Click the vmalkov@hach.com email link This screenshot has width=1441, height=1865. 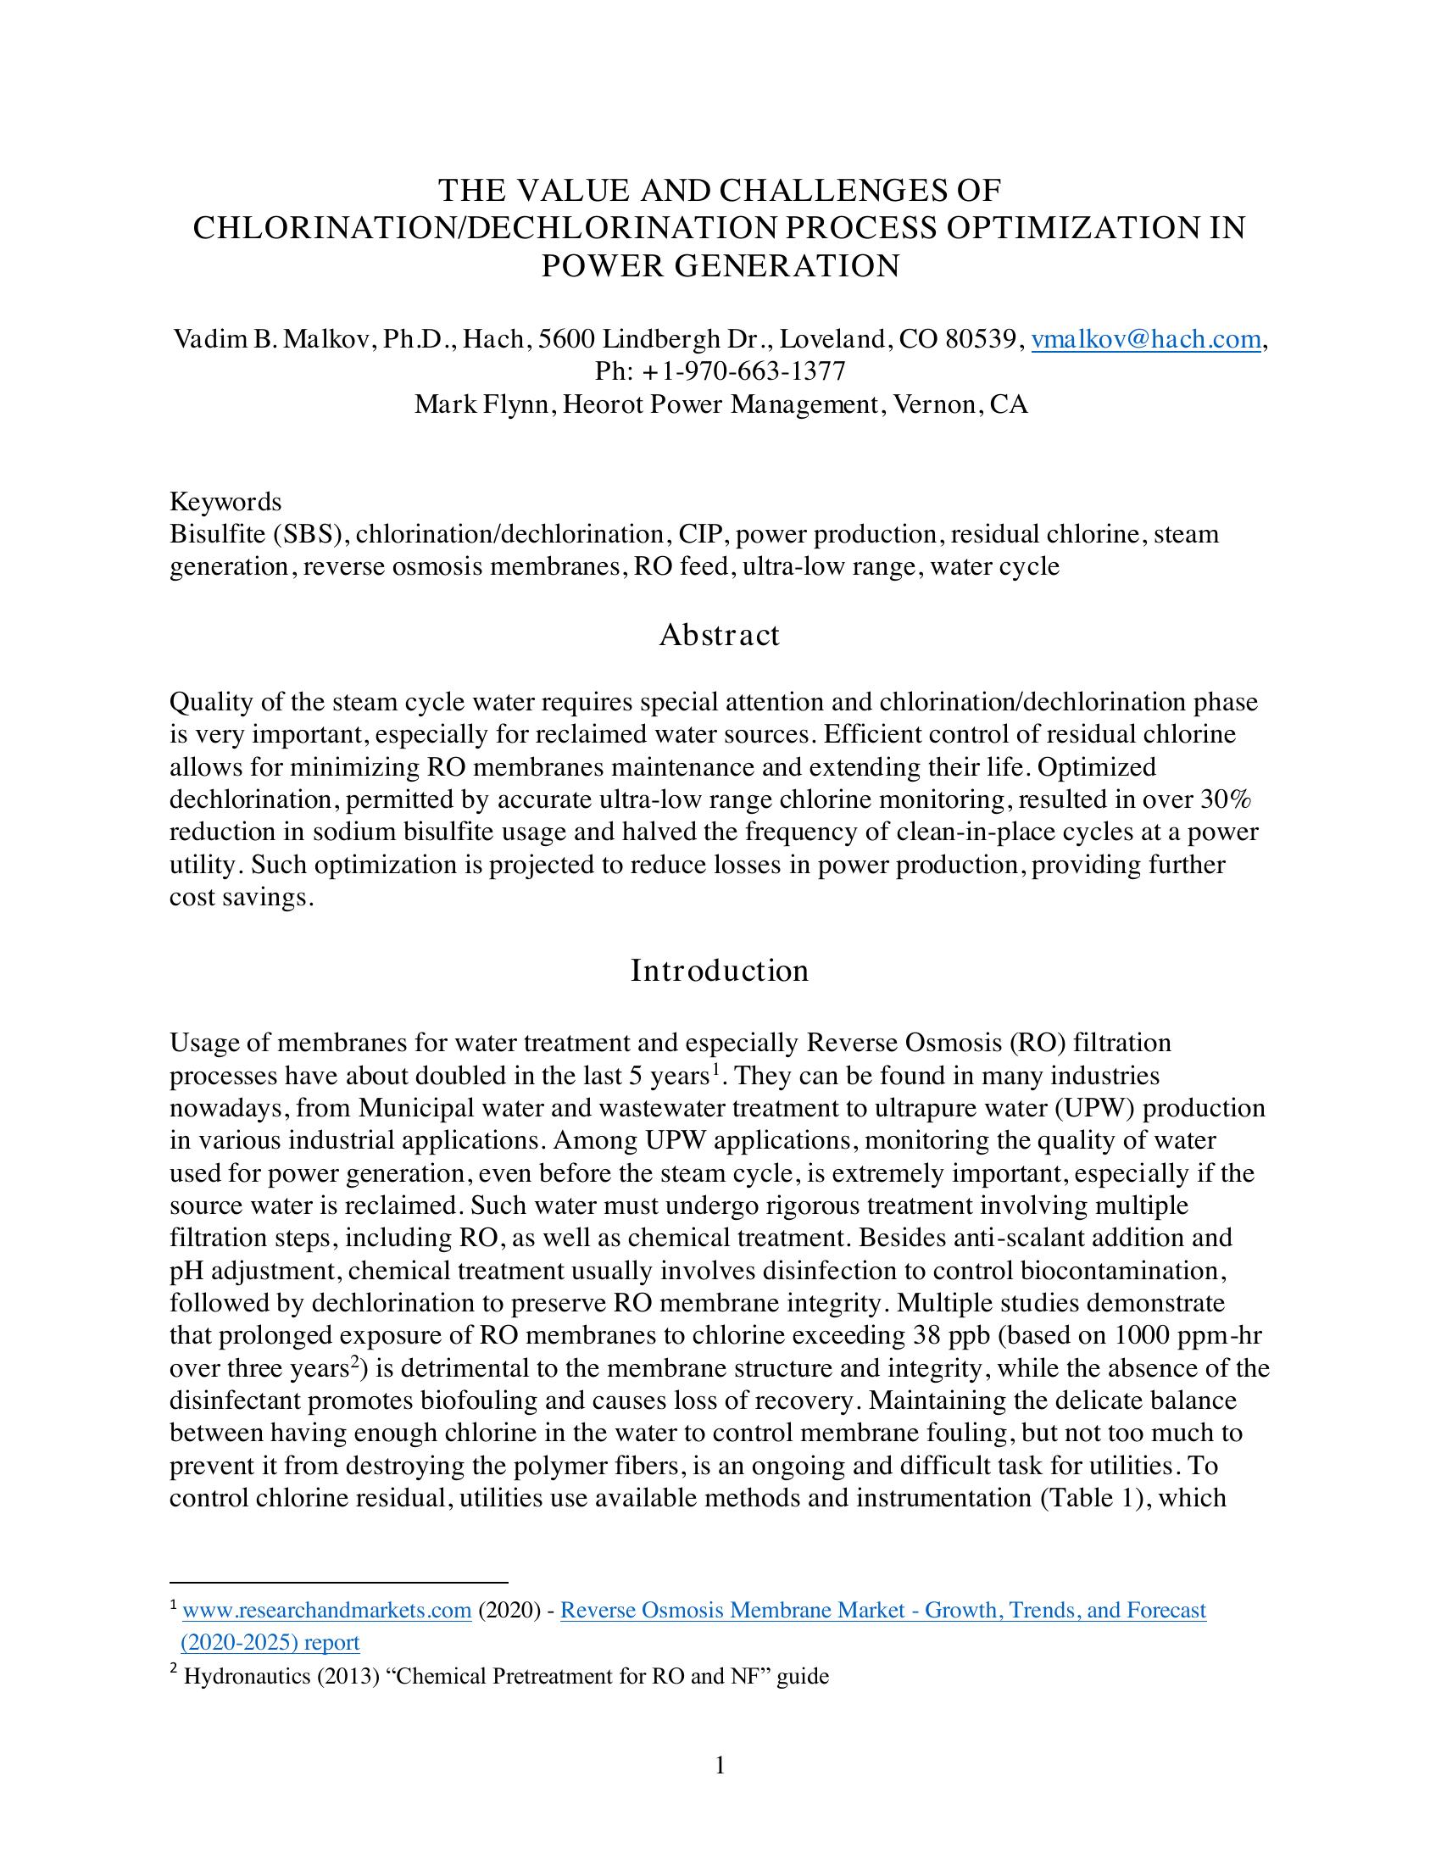pos(1146,340)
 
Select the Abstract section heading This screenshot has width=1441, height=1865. pos(719,635)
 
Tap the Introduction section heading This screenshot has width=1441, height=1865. pos(719,971)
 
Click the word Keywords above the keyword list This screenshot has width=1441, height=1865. pos(225,501)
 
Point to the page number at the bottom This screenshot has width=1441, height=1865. pos(720,1765)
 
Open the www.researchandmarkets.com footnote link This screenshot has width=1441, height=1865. pos(327,1611)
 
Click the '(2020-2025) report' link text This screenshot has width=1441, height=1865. pos(270,1643)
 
